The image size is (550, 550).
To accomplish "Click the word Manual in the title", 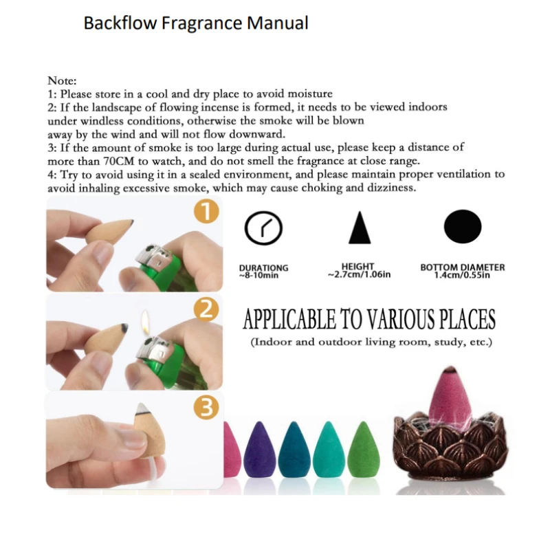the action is click(x=278, y=23).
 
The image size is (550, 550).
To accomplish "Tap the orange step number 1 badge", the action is click(x=207, y=212).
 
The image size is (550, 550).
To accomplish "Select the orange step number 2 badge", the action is click(x=206, y=309).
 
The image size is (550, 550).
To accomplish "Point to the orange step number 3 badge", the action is click(x=206, y=407).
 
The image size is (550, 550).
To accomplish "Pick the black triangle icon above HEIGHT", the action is click(x=360, y=228).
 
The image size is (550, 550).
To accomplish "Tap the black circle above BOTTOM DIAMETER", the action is click(x=463, y=227).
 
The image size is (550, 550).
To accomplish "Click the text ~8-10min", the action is click(x=258, y=276).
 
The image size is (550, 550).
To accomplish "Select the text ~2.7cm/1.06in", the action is click(x=359, y=274).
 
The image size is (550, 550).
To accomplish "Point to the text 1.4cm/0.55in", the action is click(x=462, y=275).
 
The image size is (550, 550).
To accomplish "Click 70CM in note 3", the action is click(x=119, y=161).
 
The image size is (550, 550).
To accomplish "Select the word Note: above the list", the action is click(x=62, y=80).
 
